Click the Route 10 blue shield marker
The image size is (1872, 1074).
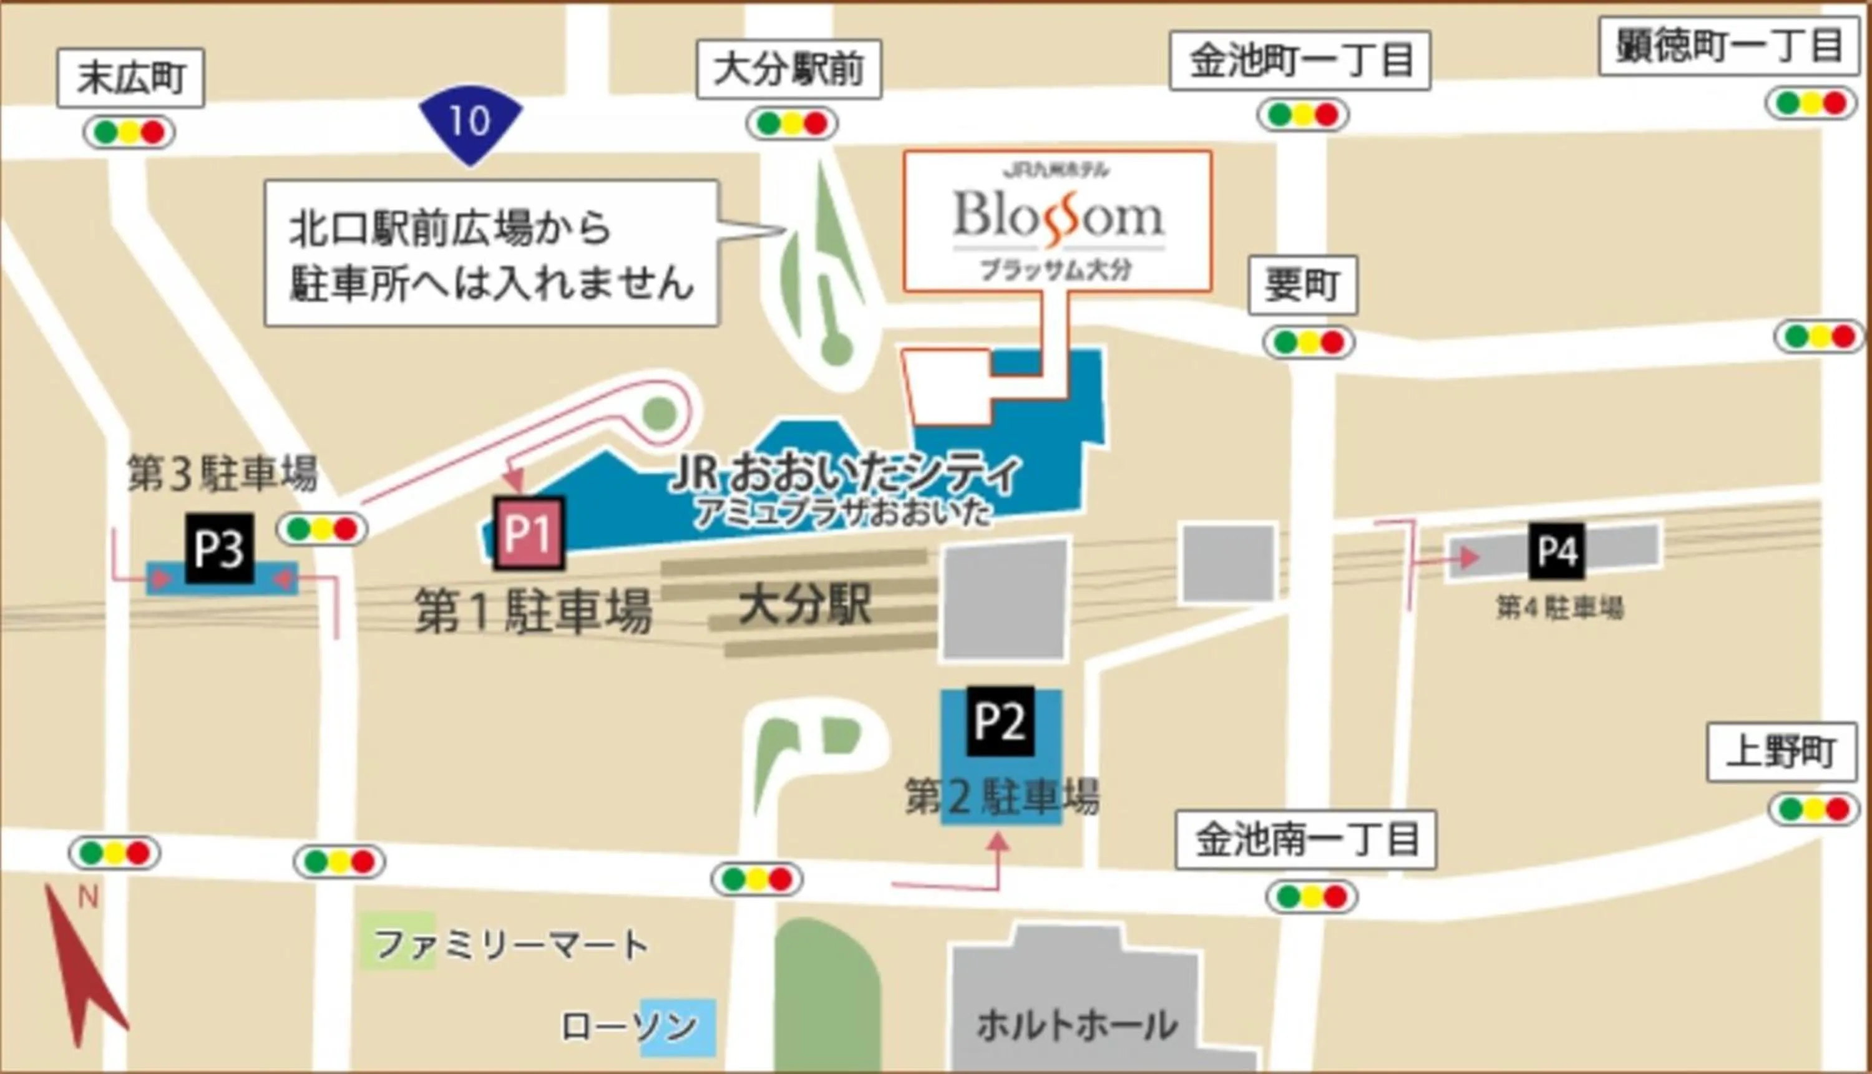point(470,122)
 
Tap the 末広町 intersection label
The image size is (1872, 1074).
point(130,77)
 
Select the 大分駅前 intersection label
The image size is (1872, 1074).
point(789,69)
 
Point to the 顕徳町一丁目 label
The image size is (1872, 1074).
point(1728,46)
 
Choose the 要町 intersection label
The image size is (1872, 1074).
point(1302,285)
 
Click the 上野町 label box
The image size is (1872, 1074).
point(1782,752)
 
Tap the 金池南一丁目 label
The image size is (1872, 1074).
point(1305,839)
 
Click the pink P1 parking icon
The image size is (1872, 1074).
point(529,533)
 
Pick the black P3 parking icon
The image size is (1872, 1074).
point(219,549)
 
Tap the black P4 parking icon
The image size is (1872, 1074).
point(1557,551)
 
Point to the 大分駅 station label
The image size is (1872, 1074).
point(805,606)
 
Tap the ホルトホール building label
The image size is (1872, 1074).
point(1076,1025)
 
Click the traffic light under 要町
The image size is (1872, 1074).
point(1309,342)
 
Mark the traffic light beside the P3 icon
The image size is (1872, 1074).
point(323,529)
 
